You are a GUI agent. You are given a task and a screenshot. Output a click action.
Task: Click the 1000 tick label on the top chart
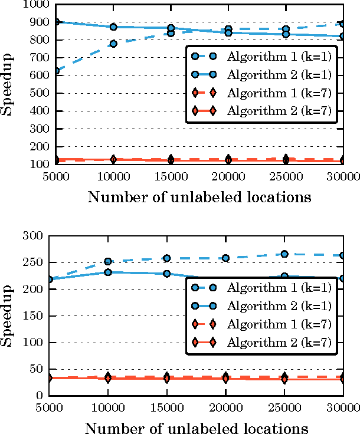pyautogui.click(x=34, y=5)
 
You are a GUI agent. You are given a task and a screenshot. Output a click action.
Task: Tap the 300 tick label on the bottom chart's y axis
pyautogui.click(x=37, y=236)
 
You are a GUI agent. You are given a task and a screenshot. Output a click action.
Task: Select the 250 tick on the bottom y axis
pyautogui.click(x=37, y=262)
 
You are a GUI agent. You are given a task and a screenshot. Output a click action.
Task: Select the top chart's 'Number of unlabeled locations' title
pyautogui.click(x=199, y=197)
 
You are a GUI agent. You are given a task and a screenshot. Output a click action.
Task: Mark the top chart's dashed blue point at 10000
pyautogui.click(x=113, y=44)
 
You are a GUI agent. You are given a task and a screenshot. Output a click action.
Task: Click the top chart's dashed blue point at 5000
pyautogui.click(x=55, y=71)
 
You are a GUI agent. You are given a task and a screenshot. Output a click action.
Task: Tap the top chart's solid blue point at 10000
pyautogui.click(x=113, y=27)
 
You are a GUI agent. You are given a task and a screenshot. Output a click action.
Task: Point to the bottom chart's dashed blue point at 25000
pyautogui.click(x=284, y=254)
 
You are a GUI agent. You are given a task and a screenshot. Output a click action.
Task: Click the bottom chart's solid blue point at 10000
pyautogui.click(x=108, y=272)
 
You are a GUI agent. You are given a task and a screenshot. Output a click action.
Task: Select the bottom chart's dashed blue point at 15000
pyautogui.click(x=167, y=258)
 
